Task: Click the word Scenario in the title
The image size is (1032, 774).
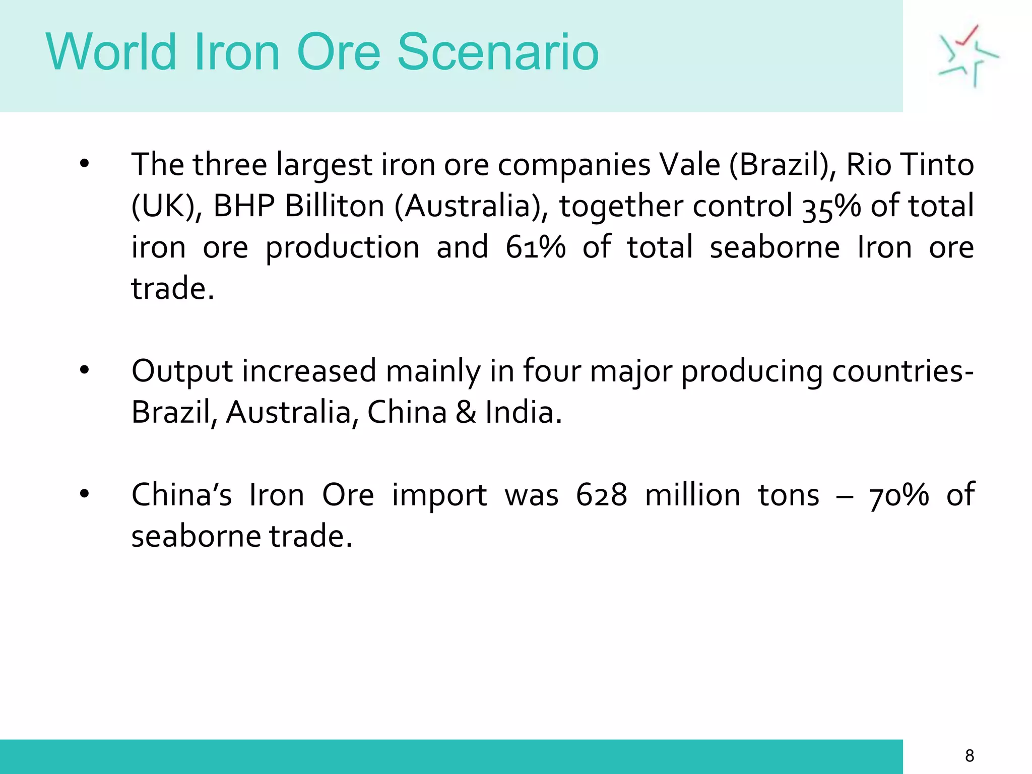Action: click(498, 52)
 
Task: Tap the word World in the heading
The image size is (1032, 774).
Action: click(111, 52)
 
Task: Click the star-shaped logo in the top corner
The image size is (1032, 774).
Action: click(967, 55)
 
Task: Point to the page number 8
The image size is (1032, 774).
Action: click(970, 755)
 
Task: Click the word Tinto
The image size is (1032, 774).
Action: click(937, 165)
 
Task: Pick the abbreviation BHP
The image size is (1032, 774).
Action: click(244, 206)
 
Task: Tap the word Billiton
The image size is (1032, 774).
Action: click(335, 206)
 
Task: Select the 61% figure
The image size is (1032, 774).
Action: click(536, 247)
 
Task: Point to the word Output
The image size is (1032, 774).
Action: click(182, 371)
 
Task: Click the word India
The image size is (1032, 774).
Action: click(523, 412)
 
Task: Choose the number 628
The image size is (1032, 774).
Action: click(602, 495)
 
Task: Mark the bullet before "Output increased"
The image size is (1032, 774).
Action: click(84, 371)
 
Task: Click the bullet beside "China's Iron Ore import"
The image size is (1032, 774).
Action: click(84, 494)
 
